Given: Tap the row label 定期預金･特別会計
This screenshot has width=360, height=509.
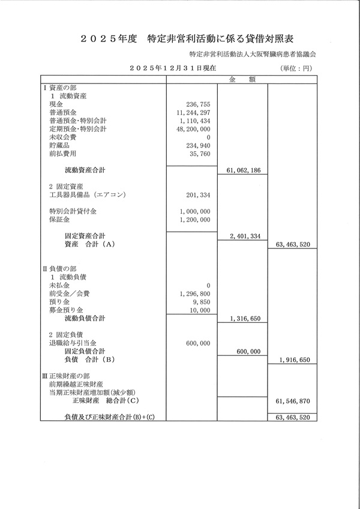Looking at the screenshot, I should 77,128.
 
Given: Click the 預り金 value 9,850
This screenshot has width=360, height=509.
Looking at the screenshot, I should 202,303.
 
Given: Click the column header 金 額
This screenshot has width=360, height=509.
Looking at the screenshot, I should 241,79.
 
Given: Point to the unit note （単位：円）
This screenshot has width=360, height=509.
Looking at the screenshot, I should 296,69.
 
